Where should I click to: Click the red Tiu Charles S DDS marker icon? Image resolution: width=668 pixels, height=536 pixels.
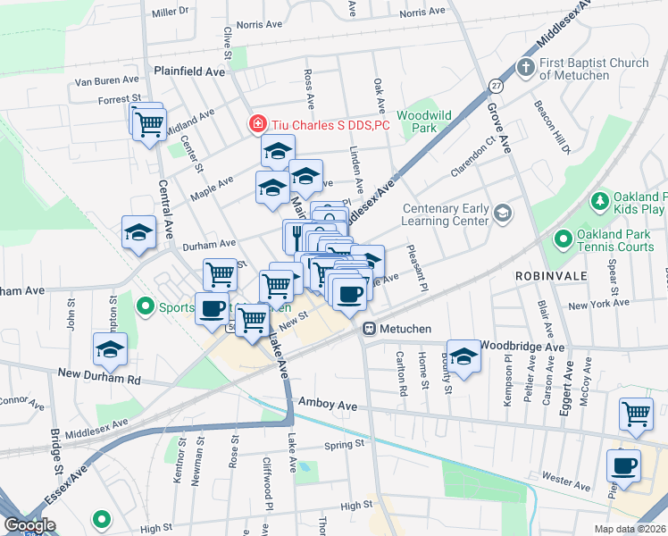[257, 125]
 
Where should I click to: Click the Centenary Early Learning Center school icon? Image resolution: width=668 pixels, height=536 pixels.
[503, 213]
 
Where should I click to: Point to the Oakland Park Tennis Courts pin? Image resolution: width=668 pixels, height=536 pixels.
[563, 239]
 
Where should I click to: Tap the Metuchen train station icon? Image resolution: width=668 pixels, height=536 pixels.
[368, 330]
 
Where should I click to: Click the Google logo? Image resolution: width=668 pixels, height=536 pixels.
[29, 525]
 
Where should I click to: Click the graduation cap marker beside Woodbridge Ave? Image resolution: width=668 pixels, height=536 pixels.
[463, 356]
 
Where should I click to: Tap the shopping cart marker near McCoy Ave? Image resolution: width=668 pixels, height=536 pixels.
[636, 414]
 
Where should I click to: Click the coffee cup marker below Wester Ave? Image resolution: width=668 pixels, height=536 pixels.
[623, 465]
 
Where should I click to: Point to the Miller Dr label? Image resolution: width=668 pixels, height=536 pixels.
[171, 13]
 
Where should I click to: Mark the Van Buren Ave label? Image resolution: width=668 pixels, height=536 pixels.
[108, 81]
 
